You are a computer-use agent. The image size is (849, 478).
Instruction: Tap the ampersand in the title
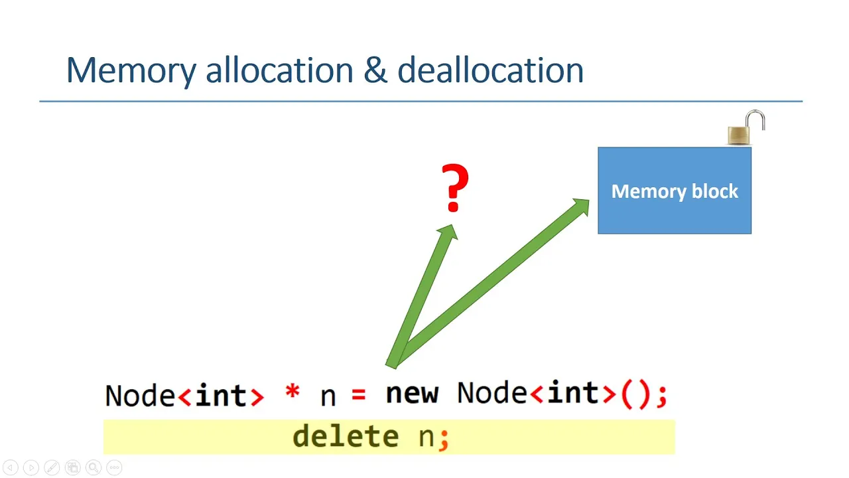click(x=375, y=70)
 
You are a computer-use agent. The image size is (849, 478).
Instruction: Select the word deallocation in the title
click(x=490, y=70)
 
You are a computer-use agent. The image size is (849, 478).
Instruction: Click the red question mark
click(x=455, y=187)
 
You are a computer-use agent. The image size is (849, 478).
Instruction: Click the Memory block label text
click(x=675, y=191)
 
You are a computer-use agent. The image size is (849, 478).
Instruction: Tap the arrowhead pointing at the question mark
click(x=449, y=232)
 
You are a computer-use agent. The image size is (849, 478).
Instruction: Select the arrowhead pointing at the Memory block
click(x=580, y=207)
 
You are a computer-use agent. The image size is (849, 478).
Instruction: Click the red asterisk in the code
click(x=293, y=391)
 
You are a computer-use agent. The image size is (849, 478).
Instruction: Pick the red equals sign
click(x=359, y=394)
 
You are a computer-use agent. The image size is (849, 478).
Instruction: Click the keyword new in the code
click(x=412, y=393)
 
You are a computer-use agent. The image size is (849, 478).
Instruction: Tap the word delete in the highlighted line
click(x=346, y=436)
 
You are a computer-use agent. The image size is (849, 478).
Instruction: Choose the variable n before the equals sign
click(x=328, y=397)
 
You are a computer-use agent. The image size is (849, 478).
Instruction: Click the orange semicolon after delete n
click(x=444, y=440)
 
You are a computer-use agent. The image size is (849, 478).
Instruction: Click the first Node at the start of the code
click(x=140, y=395)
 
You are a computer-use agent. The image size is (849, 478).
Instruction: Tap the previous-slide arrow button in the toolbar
click(x=11, y=467)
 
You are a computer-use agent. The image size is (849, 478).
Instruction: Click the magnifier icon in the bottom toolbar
click(x=94, y=467)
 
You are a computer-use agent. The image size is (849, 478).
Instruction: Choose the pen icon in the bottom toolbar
click(x=52, y=467)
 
